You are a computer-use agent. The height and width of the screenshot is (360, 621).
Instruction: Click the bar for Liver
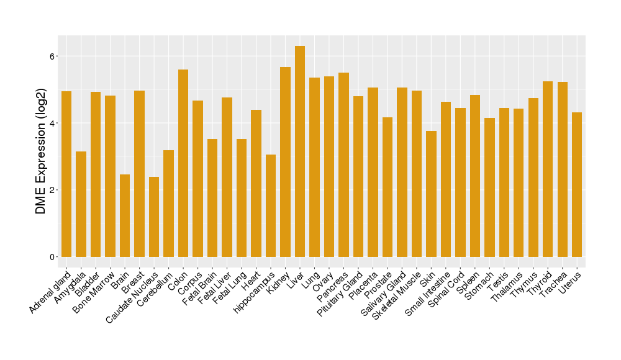(300, 151)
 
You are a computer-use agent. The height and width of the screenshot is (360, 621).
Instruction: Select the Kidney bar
(285, 162)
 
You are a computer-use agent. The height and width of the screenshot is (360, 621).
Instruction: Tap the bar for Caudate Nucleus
(154, 217)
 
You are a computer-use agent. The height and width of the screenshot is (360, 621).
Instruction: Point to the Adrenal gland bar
(66, 174)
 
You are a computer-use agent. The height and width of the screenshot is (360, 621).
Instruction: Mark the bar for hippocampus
(271, 205)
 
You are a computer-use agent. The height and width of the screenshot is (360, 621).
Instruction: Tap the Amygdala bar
(81, 204)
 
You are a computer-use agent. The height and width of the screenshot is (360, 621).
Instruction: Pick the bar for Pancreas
(343, 164)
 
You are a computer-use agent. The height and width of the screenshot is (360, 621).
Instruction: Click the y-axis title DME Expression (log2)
(41, 152)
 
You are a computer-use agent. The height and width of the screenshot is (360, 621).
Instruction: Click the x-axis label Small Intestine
(429, 294)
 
